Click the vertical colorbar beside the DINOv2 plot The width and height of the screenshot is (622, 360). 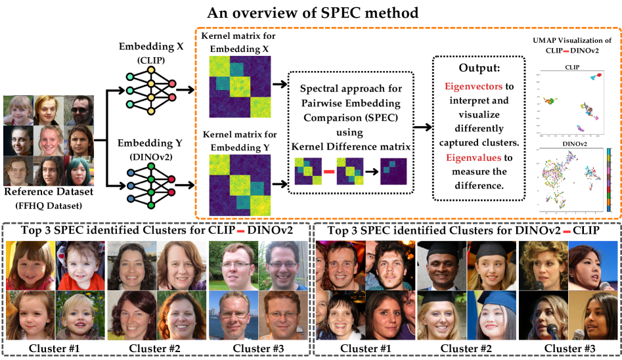(x=613, y=179)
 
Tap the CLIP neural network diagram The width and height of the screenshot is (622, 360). (x=149, y=91)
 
